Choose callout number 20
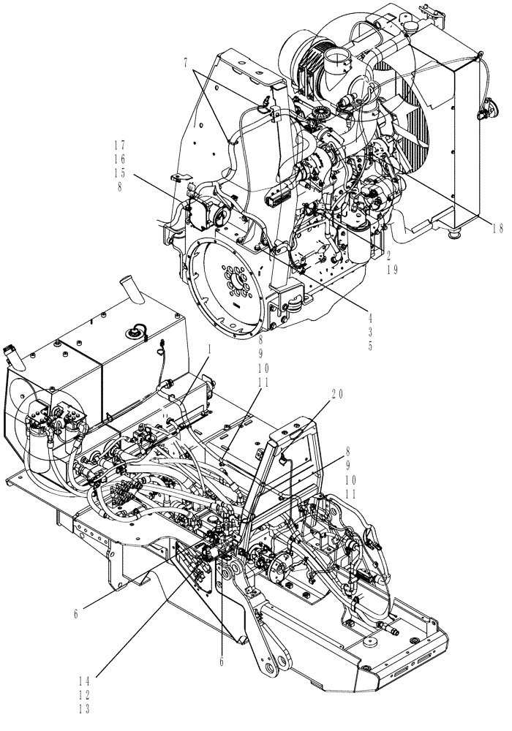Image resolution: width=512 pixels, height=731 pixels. pyautogui.click(x=336, y=393)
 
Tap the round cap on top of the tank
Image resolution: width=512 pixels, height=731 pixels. pyautogui.click(x=136, y=333)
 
